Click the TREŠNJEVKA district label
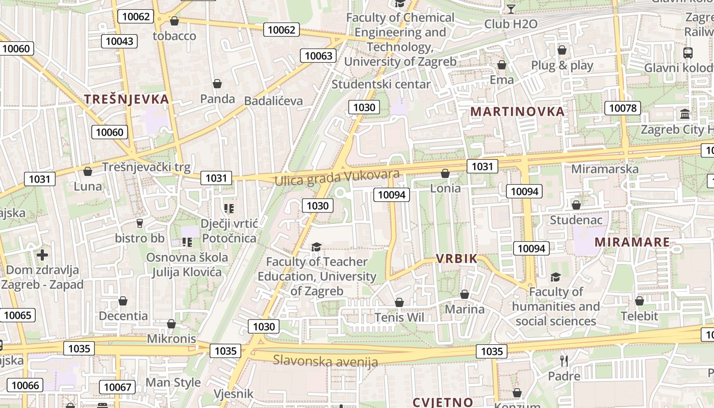126,99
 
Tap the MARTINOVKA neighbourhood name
518,112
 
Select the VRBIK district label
456,259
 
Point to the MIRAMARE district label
632,242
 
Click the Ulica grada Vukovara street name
337,178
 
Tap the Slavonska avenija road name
325,361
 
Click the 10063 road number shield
319,56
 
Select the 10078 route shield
623,108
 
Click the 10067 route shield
118,387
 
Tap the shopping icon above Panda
217,84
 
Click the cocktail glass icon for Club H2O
511,9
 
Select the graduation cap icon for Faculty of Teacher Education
316,247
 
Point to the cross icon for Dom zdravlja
42,254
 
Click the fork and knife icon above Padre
564,361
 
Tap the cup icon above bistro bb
139,223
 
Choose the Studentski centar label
381,84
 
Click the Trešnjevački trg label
146,167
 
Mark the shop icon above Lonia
445,173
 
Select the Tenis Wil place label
399,317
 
